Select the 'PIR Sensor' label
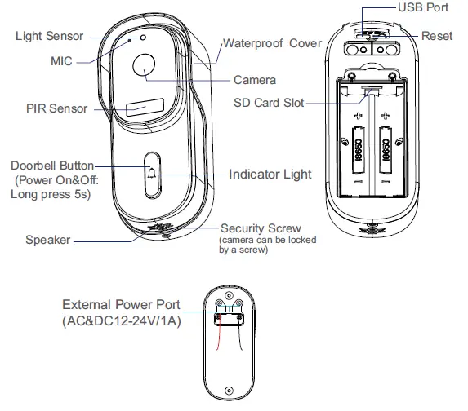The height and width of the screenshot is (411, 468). (56, 108)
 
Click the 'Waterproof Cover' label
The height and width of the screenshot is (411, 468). (272, 43)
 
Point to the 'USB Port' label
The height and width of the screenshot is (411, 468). (424, 7)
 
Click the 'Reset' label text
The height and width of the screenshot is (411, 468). (437, 36)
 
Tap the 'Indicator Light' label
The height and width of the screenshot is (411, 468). (270, 175)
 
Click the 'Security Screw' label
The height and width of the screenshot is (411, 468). (261, 229)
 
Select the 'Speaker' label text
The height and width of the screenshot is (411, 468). (47, 240)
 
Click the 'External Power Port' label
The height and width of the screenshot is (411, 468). (122, 304)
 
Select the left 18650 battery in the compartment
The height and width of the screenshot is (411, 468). (359, 153)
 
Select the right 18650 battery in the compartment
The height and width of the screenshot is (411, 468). (386, 153)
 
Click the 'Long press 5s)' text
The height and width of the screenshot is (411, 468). (50, 194)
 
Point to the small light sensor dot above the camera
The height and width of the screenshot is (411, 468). (142, 38)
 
